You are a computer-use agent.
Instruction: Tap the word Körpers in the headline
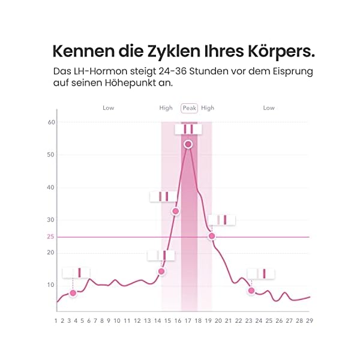click(280, 50)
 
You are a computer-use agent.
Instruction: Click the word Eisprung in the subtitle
click(290, 71)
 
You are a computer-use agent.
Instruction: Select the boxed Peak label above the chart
click(189, 108)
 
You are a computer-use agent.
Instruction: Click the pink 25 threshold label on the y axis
click(50, 237)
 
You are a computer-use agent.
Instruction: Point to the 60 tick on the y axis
click(51, 122)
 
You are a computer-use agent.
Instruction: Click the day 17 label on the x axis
click(188, 321)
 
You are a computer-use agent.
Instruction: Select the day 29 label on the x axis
click(310, 321)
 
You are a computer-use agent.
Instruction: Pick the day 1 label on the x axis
click(56, 321)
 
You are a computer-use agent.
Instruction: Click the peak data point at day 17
click(188, 144)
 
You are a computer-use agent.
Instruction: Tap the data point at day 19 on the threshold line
click(211, 236)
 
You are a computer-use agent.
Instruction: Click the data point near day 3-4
click(73, 293)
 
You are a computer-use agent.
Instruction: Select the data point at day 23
click(251, 290)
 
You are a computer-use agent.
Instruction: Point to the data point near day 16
click(175, 211)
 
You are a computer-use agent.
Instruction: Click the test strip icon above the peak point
click(188, 129)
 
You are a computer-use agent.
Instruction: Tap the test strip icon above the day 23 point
click(261, 274)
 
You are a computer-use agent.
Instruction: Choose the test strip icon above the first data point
click(76, 272)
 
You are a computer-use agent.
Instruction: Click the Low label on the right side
click(269, 108)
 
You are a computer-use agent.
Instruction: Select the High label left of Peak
click(166, 108)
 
